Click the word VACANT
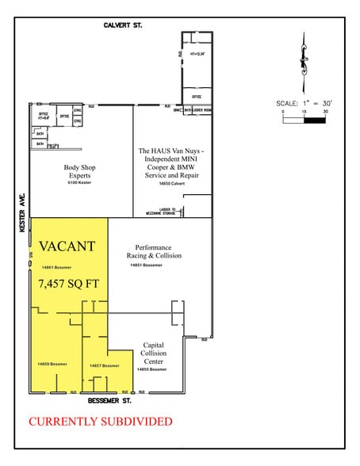coord(67,246)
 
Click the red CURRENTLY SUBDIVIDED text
coord(100,422)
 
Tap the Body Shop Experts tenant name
coord(81,172)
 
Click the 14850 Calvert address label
coord(172,189)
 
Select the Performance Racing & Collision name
coord(153,251)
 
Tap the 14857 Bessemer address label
coord(104,365)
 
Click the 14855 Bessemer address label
coord(152,369)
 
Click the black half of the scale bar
coord(315,121)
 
